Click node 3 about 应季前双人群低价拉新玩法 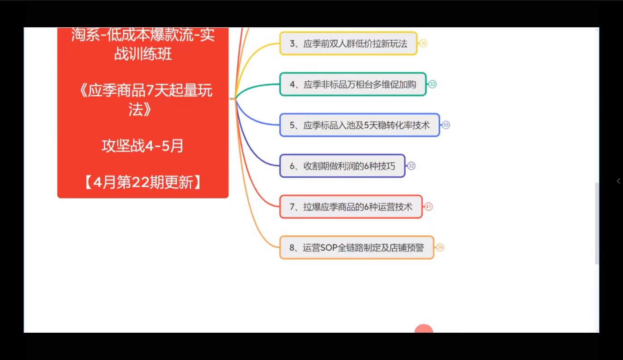coord(348,44)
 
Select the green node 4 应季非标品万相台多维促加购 coord(353,84)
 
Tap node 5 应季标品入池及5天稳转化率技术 coord(359,125)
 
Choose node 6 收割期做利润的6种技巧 coord(342,166)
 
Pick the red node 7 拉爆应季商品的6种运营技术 coord(351,207)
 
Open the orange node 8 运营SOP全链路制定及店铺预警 coord(356,248)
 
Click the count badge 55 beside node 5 coord(446,125)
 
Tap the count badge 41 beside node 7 coord(429,207)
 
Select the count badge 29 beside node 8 coord(440,248)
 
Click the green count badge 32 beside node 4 coord(432,84)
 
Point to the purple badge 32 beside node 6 coord(411,166)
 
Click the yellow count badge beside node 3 coord(423,44)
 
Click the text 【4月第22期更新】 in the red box coord(143,183)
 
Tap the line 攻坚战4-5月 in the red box coord(143,146)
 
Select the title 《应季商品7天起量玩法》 coord(143,99)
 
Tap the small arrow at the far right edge coord(618,181)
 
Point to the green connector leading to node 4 coord(258,86)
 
